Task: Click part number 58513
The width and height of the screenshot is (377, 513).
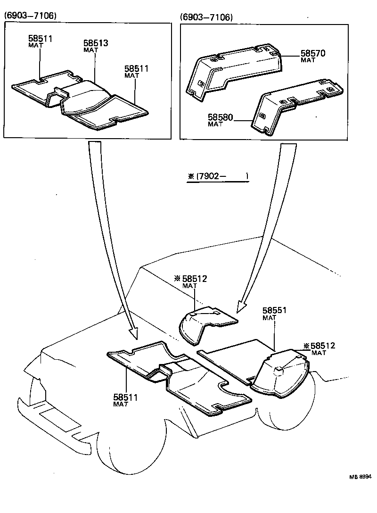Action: (96, 43)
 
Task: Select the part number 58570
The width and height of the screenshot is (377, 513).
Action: (313, 53)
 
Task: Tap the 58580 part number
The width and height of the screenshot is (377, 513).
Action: (221, 117)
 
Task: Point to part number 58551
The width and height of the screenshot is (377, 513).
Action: (275, 311)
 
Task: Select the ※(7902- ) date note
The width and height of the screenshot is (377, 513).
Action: (218, 177)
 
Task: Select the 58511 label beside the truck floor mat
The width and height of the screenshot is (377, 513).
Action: (125, 397)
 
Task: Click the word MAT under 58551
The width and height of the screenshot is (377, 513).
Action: (269, 318)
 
